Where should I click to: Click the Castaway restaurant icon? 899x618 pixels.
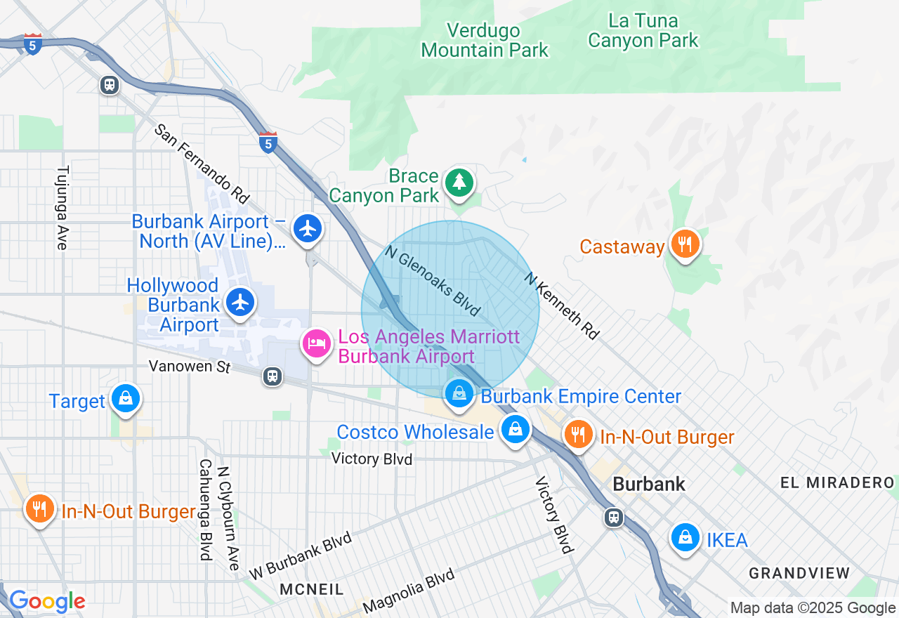tap(683, 245)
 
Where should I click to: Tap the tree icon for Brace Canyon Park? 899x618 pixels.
tap(459, 182)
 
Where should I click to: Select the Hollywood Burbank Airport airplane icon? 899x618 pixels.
tap(241, 303)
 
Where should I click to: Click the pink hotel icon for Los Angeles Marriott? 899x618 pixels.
tap(317, 344)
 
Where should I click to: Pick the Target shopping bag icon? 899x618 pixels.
tap(126, 399)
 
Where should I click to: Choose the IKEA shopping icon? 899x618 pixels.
tap(685, 538)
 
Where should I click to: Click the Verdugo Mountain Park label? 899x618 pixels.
tap(485, 41)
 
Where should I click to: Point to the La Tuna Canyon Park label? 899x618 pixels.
tap(643, 31)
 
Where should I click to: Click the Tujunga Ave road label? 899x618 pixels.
tap(62, 208)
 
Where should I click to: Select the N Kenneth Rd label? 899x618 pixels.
tap(562, 306)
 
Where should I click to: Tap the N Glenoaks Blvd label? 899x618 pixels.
tap(433, 280)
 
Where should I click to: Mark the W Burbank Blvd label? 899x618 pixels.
tap(300, 559)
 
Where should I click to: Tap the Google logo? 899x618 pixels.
tap(46, 601)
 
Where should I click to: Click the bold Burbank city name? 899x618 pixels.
tap(648, 485)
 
